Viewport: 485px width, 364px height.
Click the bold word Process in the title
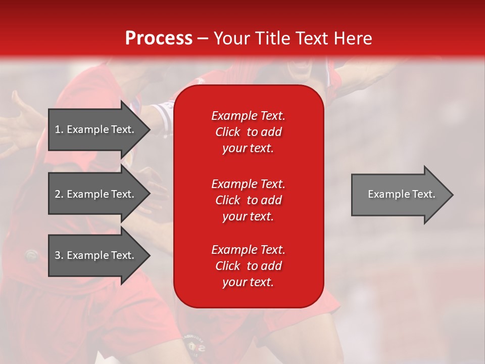(x=159, y=38)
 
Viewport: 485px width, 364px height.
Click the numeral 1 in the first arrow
(x=58, y=129)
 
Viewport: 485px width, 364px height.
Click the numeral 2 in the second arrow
(x=58, y=194)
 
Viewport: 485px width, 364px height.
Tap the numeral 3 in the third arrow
(x=58, y=255)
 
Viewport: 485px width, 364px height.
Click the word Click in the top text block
(x=227, y=132)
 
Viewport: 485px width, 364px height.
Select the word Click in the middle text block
(x=227, y=200)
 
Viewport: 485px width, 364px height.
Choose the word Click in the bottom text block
(x=227, y=266)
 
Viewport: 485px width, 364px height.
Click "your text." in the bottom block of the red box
(x=248, y=282)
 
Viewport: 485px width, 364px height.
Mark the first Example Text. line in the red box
(x=248, y=116)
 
